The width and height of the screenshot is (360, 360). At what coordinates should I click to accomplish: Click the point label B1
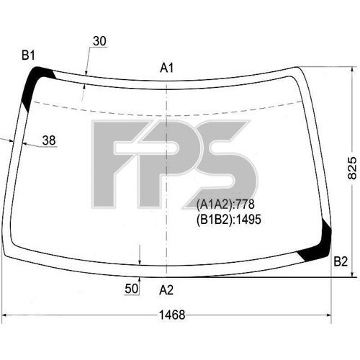(29, 55)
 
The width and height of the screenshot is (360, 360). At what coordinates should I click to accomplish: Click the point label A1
(167, 68)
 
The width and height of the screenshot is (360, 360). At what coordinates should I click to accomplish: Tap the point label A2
(166, 290)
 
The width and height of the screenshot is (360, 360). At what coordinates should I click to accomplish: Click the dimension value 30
(99, 41)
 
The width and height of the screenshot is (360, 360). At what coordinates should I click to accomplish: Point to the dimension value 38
(49, 141)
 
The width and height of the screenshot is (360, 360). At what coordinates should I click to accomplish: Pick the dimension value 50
(131, 289)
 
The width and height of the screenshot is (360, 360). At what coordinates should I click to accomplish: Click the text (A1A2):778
(225, 204)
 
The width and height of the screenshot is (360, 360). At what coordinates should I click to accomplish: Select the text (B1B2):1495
(228, 219)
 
